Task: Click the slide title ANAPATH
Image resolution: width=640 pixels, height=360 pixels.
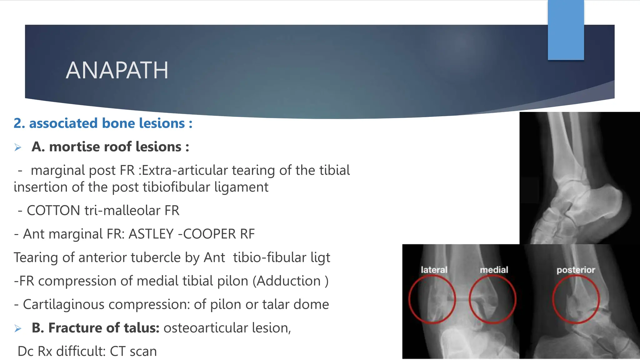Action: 117,70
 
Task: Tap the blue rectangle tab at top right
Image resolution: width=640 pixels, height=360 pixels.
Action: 566,30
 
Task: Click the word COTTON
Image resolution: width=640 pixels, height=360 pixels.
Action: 53,210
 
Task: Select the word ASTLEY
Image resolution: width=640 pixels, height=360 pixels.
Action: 151,234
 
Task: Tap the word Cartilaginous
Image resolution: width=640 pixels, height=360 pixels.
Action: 63,304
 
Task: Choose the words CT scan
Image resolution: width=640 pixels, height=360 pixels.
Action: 133,351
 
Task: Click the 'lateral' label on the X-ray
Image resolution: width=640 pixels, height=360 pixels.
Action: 434,270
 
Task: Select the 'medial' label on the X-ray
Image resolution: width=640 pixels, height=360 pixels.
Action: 494,270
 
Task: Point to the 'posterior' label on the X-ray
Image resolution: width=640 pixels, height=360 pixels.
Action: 576,270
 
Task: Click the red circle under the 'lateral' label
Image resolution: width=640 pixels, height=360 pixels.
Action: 432,299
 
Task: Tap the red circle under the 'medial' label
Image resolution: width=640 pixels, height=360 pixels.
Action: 492,299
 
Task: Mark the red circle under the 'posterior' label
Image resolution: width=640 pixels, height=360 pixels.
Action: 576,299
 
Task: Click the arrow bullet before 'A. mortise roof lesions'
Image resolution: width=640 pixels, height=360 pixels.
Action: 18,147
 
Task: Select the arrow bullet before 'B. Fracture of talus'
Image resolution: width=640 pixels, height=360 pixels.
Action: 18,328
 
